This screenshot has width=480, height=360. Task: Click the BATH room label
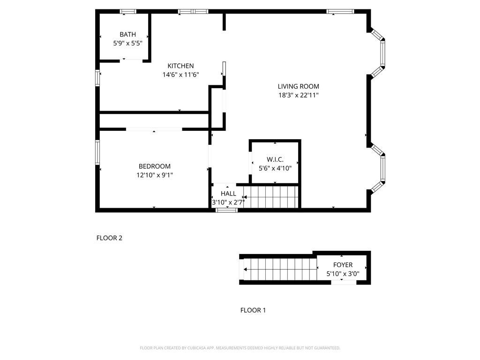[127, 34]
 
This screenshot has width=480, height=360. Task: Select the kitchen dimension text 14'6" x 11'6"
[180, 75]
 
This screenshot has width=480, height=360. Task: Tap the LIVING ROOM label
[298, 86]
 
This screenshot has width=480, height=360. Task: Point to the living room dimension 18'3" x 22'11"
[298, 95]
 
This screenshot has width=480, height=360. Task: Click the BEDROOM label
[154, 166]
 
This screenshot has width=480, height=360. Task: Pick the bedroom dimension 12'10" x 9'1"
[154, 175]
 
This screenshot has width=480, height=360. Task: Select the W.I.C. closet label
[275, 159]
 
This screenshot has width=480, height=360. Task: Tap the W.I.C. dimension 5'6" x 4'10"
[275, 168]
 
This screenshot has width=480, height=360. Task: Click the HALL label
[228, 194]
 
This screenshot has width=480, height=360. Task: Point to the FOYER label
[343, 265]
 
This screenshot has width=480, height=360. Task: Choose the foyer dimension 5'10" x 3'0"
[343, 274]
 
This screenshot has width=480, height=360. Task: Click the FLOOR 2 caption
[109, 238]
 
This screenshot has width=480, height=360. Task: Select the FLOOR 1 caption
[253, 310]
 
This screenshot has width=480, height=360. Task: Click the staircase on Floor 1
[278, 270]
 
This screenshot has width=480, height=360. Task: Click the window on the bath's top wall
[128, 11]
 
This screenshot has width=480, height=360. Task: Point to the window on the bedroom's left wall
[97, 152]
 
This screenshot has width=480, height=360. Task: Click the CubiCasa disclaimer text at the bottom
[240, 348]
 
